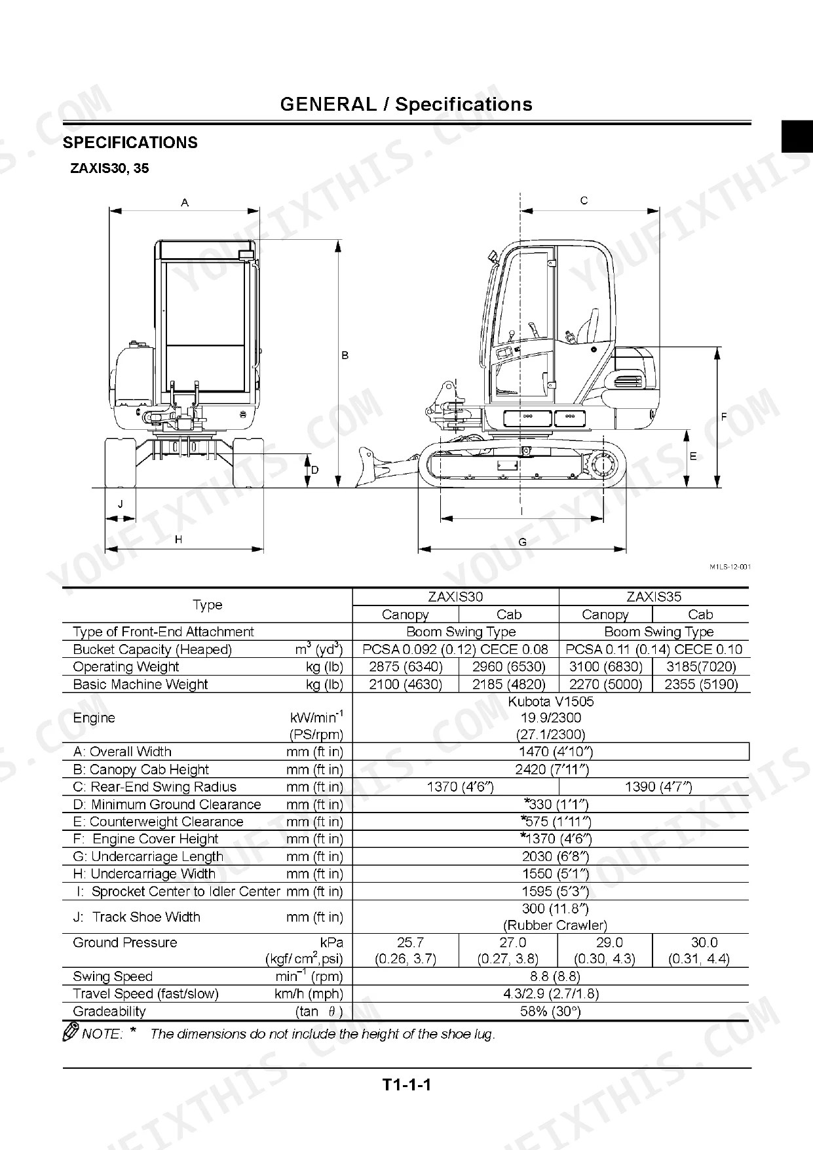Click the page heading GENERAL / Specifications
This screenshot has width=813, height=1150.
(x=406, y=104)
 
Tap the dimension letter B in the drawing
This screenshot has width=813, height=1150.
(x=345, y=356)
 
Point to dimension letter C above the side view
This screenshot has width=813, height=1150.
(x=584, y=201)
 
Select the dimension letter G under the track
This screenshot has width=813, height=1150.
(x=522, y=542)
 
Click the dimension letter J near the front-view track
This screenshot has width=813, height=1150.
(x=120, y=505)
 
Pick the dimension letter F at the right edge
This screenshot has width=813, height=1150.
(x=724, y=417)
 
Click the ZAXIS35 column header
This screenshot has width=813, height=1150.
(x=654, y=596)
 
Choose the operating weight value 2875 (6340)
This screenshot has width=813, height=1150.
(x=406, y=666)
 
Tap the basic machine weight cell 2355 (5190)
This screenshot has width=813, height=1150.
(x=701, y=684)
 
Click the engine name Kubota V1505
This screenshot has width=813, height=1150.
(x=551, y=701)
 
